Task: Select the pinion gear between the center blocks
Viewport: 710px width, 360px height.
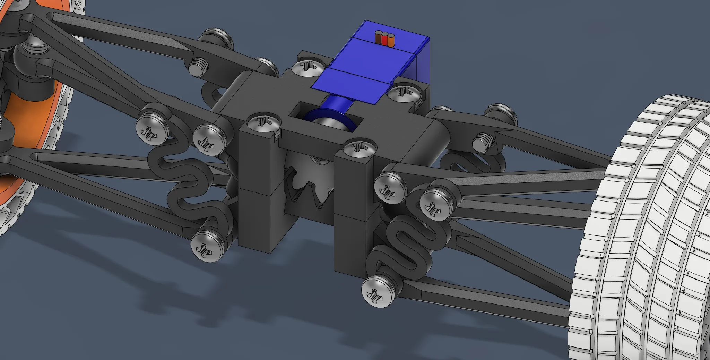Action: pos(310,184)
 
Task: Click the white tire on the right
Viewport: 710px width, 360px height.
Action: pos(641,225)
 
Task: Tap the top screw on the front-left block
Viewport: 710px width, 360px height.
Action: pos(263,122)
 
